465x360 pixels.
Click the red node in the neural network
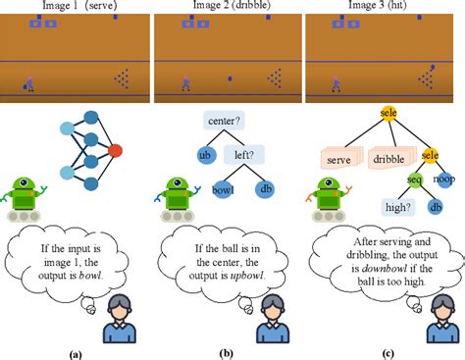click(116, 150)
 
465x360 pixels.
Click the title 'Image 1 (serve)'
click(75, 7)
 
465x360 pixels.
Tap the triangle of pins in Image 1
click(122, 78)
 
